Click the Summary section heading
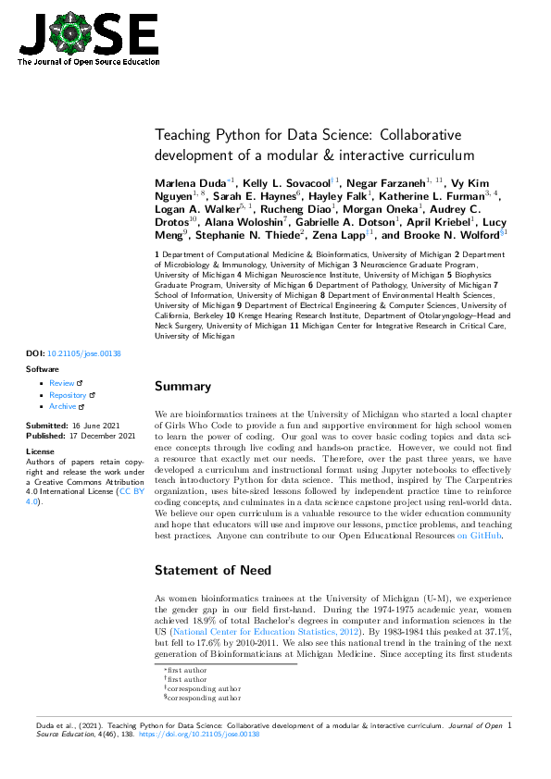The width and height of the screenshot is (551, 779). click(182, 386)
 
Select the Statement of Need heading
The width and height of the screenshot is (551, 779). click(218, 569)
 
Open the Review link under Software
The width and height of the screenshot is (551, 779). click(62, 382)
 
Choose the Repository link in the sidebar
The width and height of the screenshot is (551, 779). click(68, 394)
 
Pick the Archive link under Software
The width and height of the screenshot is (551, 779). click(63, 406)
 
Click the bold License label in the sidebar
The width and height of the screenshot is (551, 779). click(40, 451)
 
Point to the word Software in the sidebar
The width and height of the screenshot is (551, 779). click(43, 368)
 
